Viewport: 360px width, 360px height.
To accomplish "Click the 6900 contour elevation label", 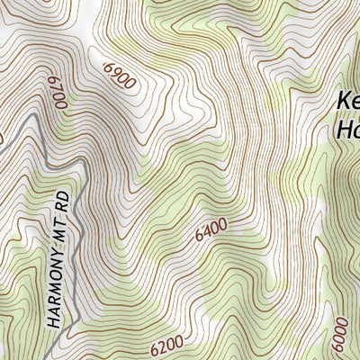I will (x=120, y=75).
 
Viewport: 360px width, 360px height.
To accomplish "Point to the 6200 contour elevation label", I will (x=166, y=342).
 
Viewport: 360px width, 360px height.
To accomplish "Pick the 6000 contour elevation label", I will (x=340, y=337).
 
